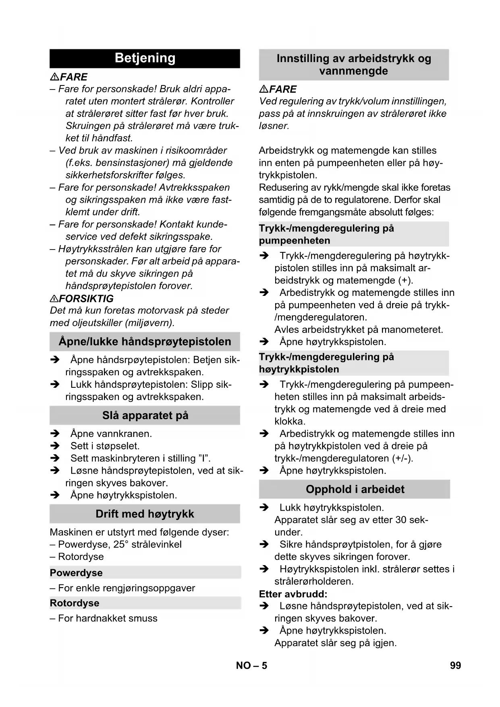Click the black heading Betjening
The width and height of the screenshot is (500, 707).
pyautogui.click(x=145, y=58)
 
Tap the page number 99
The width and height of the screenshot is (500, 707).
pyautogui.click(x=455, y=665)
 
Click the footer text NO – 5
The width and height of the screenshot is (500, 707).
pyautogui.click(x=251, y=665)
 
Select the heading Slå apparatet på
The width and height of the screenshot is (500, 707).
pyautogui.click(x=145, y=416)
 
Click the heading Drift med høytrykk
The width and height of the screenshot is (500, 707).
pyautogui.click(x=145, y=514)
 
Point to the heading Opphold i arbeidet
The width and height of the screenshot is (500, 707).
pyautogui.click(x=355, y=489)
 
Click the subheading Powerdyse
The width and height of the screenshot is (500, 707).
pyautogui.click(x=76, y=573)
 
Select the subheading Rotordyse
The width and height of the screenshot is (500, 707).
pyautogui.click(x=75, y=603)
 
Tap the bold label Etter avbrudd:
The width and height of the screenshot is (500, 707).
pyautogui.click(x=293, y=594)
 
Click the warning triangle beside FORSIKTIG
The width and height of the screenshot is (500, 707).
pyautogui.click(x=54, y=299)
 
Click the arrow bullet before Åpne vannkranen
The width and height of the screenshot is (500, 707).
pyautogui.click(x=55, y=434)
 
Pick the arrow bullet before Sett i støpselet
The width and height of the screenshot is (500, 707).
pyautogui.click(x=55, y=446)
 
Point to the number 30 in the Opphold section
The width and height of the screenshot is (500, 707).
pyautogui.click(x=401, y=520)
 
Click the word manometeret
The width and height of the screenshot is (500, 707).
pyautogui.click(x=412, y=330)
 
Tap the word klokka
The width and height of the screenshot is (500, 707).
pyautogui.click(x=290, y=422)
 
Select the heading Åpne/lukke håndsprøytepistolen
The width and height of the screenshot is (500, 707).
pyautogui.click(x=145, y=342)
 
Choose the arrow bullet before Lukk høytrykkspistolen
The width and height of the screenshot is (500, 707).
pyautogui.click(x=264, y=508)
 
